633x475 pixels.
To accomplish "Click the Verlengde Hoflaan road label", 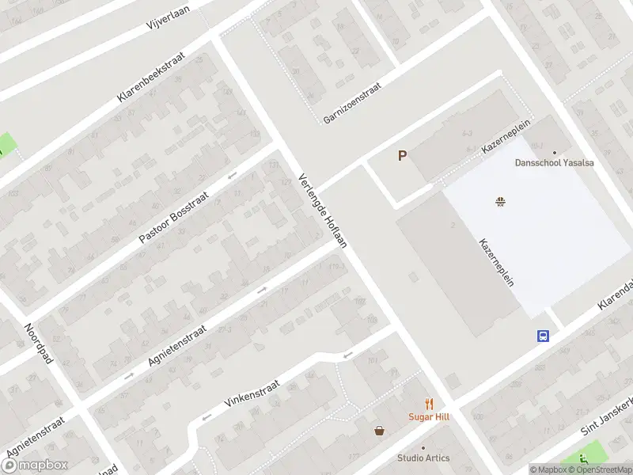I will click(x=323, y=211).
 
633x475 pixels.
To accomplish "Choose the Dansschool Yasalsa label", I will click(x=554, y=163).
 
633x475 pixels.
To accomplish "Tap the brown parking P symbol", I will click(x=402, y=156).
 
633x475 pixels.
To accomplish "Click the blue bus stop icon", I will click(x=544, y=336).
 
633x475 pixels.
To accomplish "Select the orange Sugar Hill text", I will click(x=429, y=416).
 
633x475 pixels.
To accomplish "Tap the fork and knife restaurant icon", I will click(x=429, y=403).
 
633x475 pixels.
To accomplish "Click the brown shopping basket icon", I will click(x=380, y=431).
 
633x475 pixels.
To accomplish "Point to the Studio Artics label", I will click(x=423, y=458).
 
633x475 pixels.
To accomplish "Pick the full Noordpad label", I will click(x=38, y=344).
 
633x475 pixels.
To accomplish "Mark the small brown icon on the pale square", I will click(x=500, y=201).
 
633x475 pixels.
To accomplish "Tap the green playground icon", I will click(x=585, y=458).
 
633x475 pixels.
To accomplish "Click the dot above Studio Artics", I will click(x=423, y=447).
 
